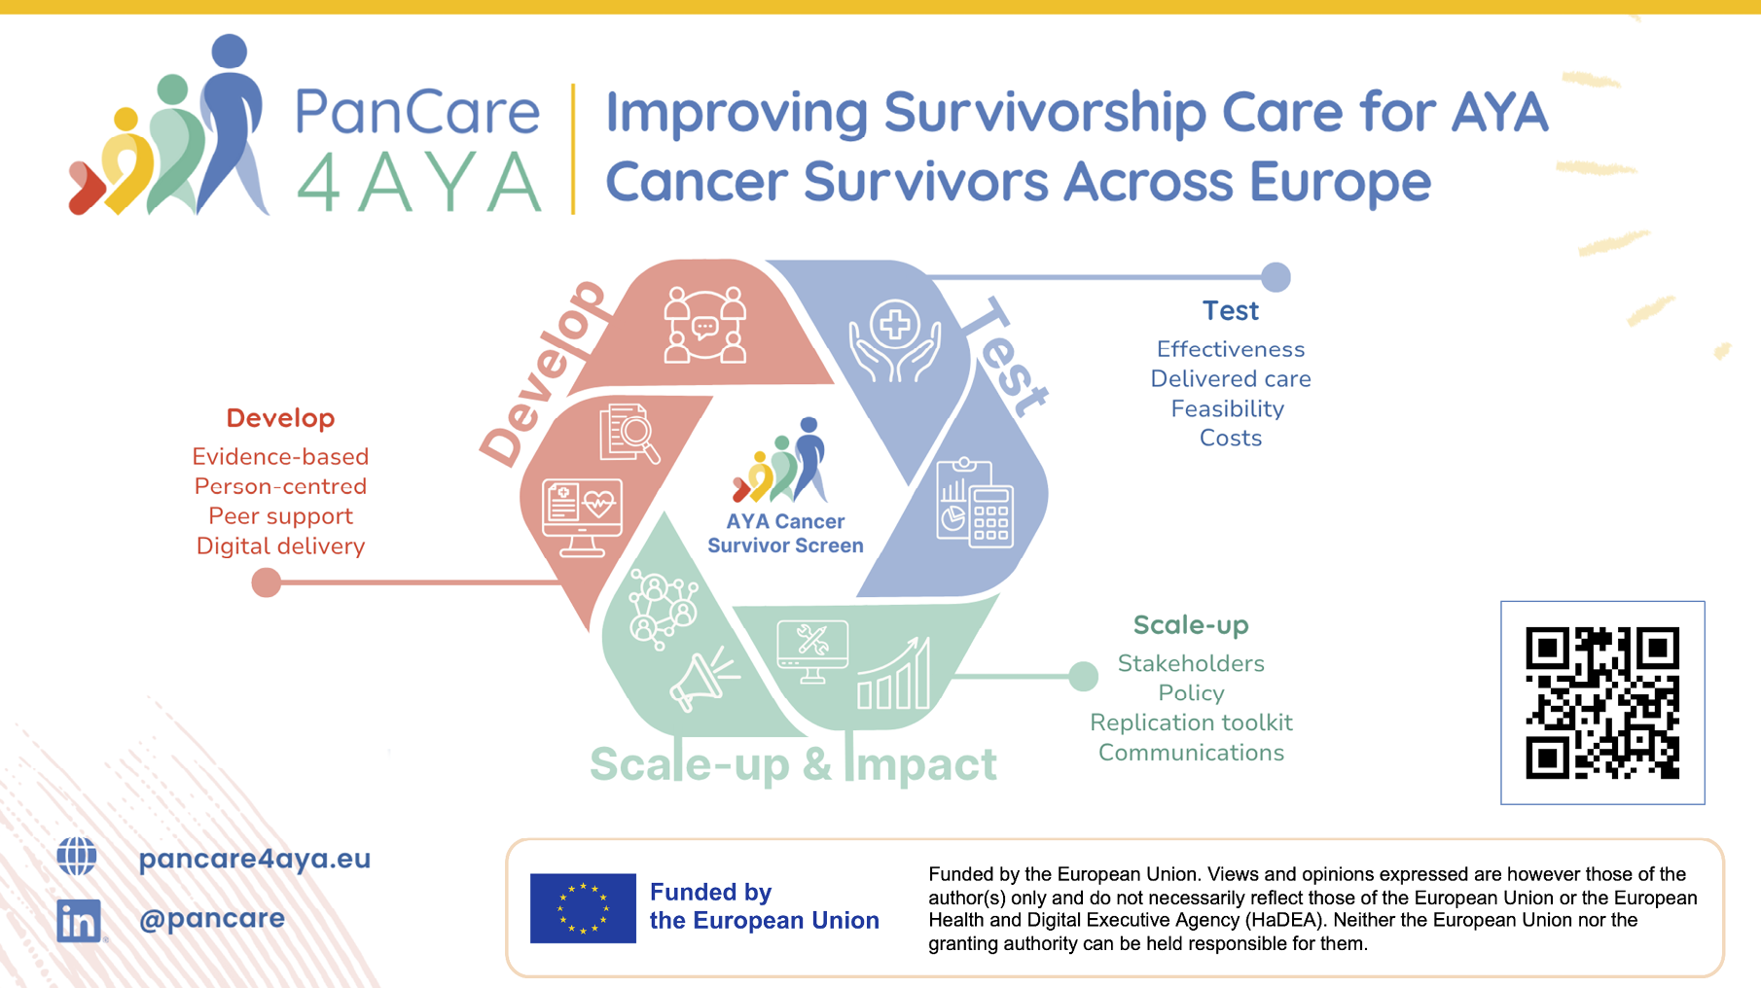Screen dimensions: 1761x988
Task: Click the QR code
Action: click(x=1602, y=703)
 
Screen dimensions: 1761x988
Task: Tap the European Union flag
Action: click(x=583, y=908)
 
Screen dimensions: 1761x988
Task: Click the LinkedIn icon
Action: click(x=79, y=920)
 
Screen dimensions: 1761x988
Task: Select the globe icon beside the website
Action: click(x=77, y=857)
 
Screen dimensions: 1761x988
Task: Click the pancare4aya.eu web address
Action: click(x=255, y=859)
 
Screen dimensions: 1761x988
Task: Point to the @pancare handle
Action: click(x=212, y=918)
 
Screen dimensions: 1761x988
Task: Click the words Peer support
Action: click(x=280, y=516)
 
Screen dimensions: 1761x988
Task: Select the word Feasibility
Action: click(x=1228, y=409)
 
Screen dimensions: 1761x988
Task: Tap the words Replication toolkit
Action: click(x=1191, y=723)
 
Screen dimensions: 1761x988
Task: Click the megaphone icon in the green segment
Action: click(x=703, y=678)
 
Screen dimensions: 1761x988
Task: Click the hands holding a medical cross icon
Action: click(x=895, y=340)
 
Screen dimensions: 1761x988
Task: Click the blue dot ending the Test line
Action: click(x=1276, y=277)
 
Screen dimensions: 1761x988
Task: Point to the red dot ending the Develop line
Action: click(x=267, y=582)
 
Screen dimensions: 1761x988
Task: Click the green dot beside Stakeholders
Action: click(x=1083, y=676)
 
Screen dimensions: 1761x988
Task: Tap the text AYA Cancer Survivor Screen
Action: click(x=785, y=533)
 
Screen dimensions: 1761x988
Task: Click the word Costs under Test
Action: click(x=1231, y=438)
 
